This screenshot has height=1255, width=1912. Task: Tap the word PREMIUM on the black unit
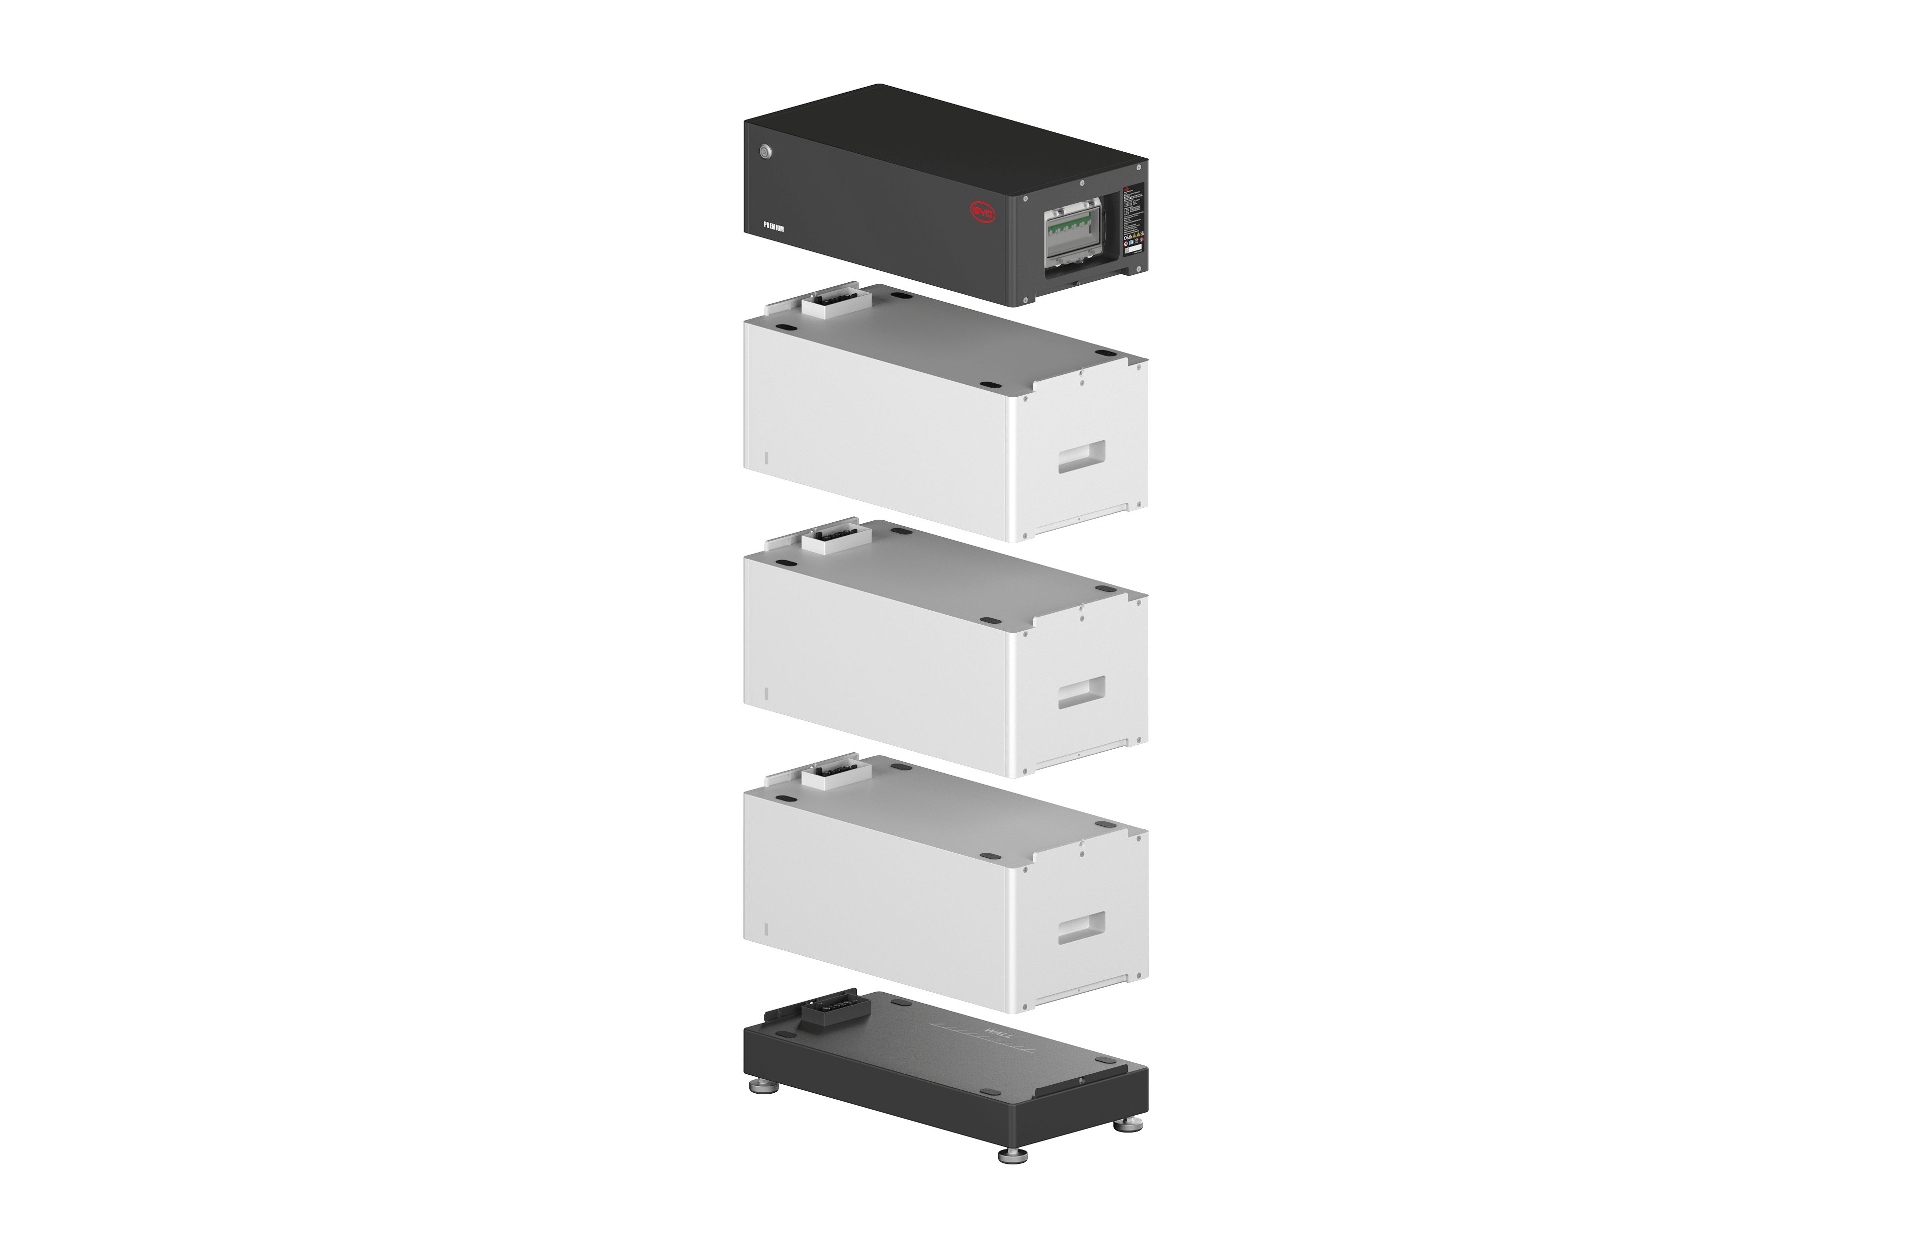[x=774, y=228]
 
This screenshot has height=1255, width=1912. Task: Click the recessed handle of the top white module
[x=1081, y=456]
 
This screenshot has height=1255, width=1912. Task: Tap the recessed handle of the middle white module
[x=1081, y=692]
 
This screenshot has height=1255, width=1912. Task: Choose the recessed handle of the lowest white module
[x=1081, y=927]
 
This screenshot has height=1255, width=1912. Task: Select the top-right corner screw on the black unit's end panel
[x=1139, y=168]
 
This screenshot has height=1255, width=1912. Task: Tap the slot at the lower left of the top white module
[x=766, y=458]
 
